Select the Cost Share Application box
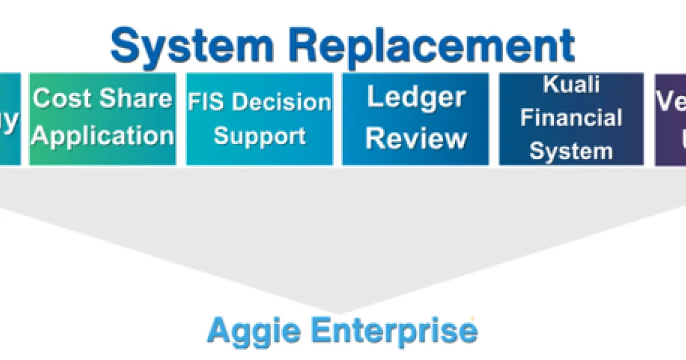coord(102,119)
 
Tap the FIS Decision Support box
coord(260,119)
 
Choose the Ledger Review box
coord(416,119)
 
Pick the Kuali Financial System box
coord(571,119)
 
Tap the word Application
coord(103,137)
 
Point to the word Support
coord(260,136)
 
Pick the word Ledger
coord(416,98)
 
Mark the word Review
coord(416,138)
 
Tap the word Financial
coord(571,118)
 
